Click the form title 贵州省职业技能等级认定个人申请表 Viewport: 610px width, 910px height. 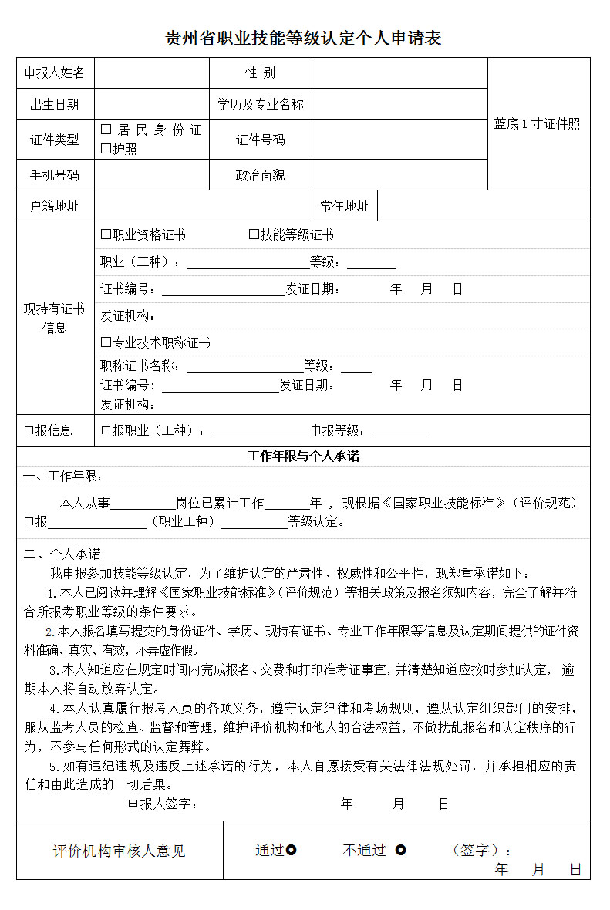tap(304, 38)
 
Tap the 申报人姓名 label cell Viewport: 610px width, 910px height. tap(55, 73)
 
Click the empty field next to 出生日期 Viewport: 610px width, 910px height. tap(151, 104)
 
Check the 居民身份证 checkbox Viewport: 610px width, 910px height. tap(106, 130)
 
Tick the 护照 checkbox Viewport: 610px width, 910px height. tap(106, 149)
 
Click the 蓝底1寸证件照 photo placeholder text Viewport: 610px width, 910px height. tap(538, 123)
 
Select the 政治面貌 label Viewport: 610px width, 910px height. tap(260, 175)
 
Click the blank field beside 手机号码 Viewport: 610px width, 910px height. tap(151, 175)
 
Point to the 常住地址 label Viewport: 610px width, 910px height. tap(344, 206)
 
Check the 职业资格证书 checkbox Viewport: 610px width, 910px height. tap(106, 234)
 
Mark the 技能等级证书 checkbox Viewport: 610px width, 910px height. tap(254, 234)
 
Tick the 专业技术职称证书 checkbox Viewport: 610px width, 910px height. tap(106, 342)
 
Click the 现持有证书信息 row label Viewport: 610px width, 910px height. tap(55, 318)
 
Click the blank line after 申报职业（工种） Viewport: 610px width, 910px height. tap(260, 431)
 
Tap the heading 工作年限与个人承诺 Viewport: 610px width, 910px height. tap(303, 456)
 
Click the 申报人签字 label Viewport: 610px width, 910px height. tap(162, 804)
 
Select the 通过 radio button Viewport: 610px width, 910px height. tap(292, 850)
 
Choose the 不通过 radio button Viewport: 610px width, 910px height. tap(400, 850)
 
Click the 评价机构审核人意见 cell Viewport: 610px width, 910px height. tap(120, 851)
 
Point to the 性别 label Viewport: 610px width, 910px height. tap(260, 73)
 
